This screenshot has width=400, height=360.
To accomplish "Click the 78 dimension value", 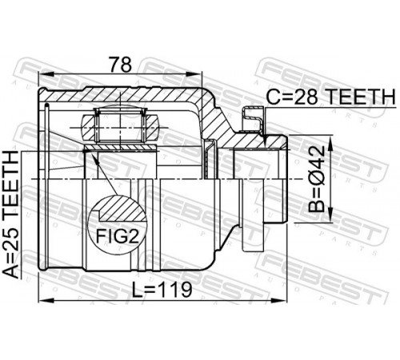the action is (121, 64).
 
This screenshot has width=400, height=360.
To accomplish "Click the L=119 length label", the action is (162, 290).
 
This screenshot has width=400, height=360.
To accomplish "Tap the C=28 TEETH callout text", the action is (330, 97).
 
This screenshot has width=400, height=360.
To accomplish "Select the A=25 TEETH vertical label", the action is (11, 214).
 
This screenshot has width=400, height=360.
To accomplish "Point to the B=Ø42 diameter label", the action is (317, 178).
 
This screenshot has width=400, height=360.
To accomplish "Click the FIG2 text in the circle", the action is (118, 236).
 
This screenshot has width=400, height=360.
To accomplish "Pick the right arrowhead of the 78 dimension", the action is (195, 74).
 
